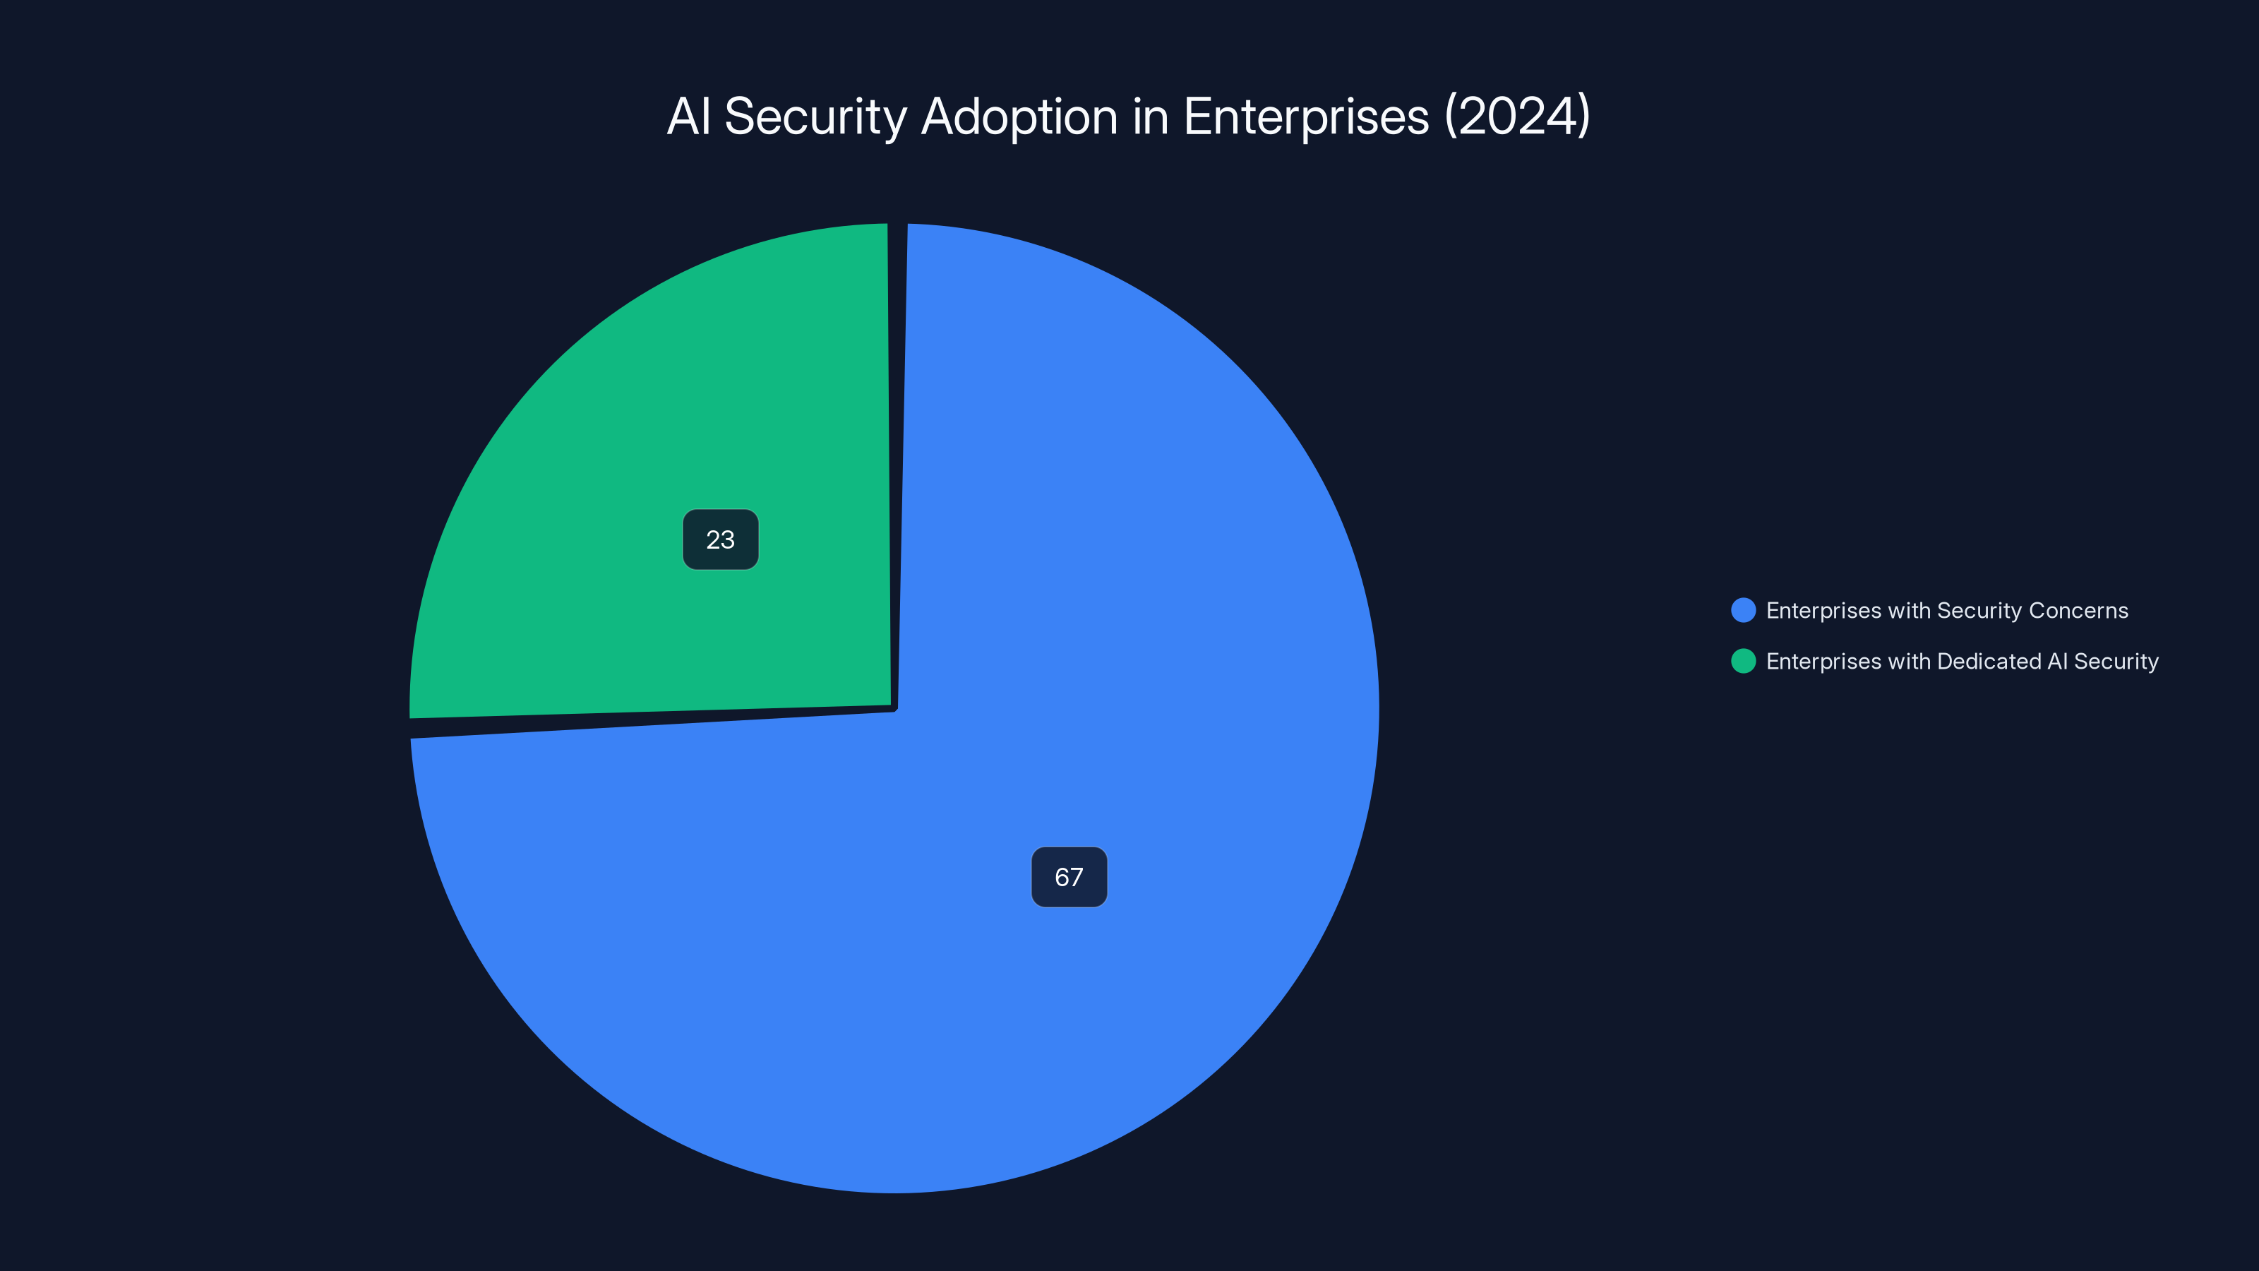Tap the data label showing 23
[x=720, y=539]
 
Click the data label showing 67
[x=1068, y=877]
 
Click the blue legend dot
[x=1742, y=611]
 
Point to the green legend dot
[x=1742, y=662]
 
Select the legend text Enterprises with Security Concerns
[x=1946, y=611]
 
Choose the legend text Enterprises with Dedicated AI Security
[x=1962, y=662]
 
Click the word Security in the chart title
[x=815, y=117]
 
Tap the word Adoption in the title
[x=1019, y=117]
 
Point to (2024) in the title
[x=1517, y=117]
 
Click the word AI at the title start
[x=688, y=117]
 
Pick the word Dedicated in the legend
[x=1989, y=662]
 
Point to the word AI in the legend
[x=2057, y=662]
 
